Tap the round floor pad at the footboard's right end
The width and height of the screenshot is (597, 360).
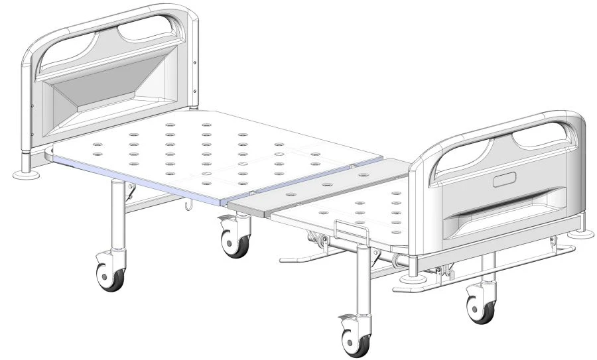(x=582, y=233)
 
